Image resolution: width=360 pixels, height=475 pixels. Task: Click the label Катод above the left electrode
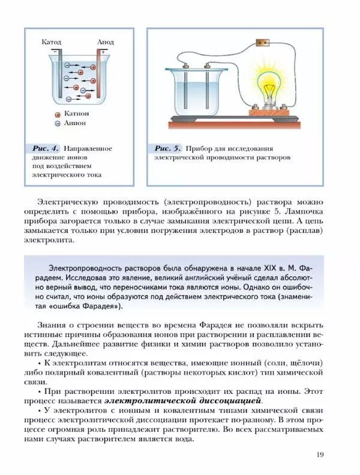[52, 43]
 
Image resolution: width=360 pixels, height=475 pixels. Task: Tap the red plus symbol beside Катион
[58, 113]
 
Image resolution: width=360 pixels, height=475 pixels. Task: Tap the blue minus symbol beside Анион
[58, 123]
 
